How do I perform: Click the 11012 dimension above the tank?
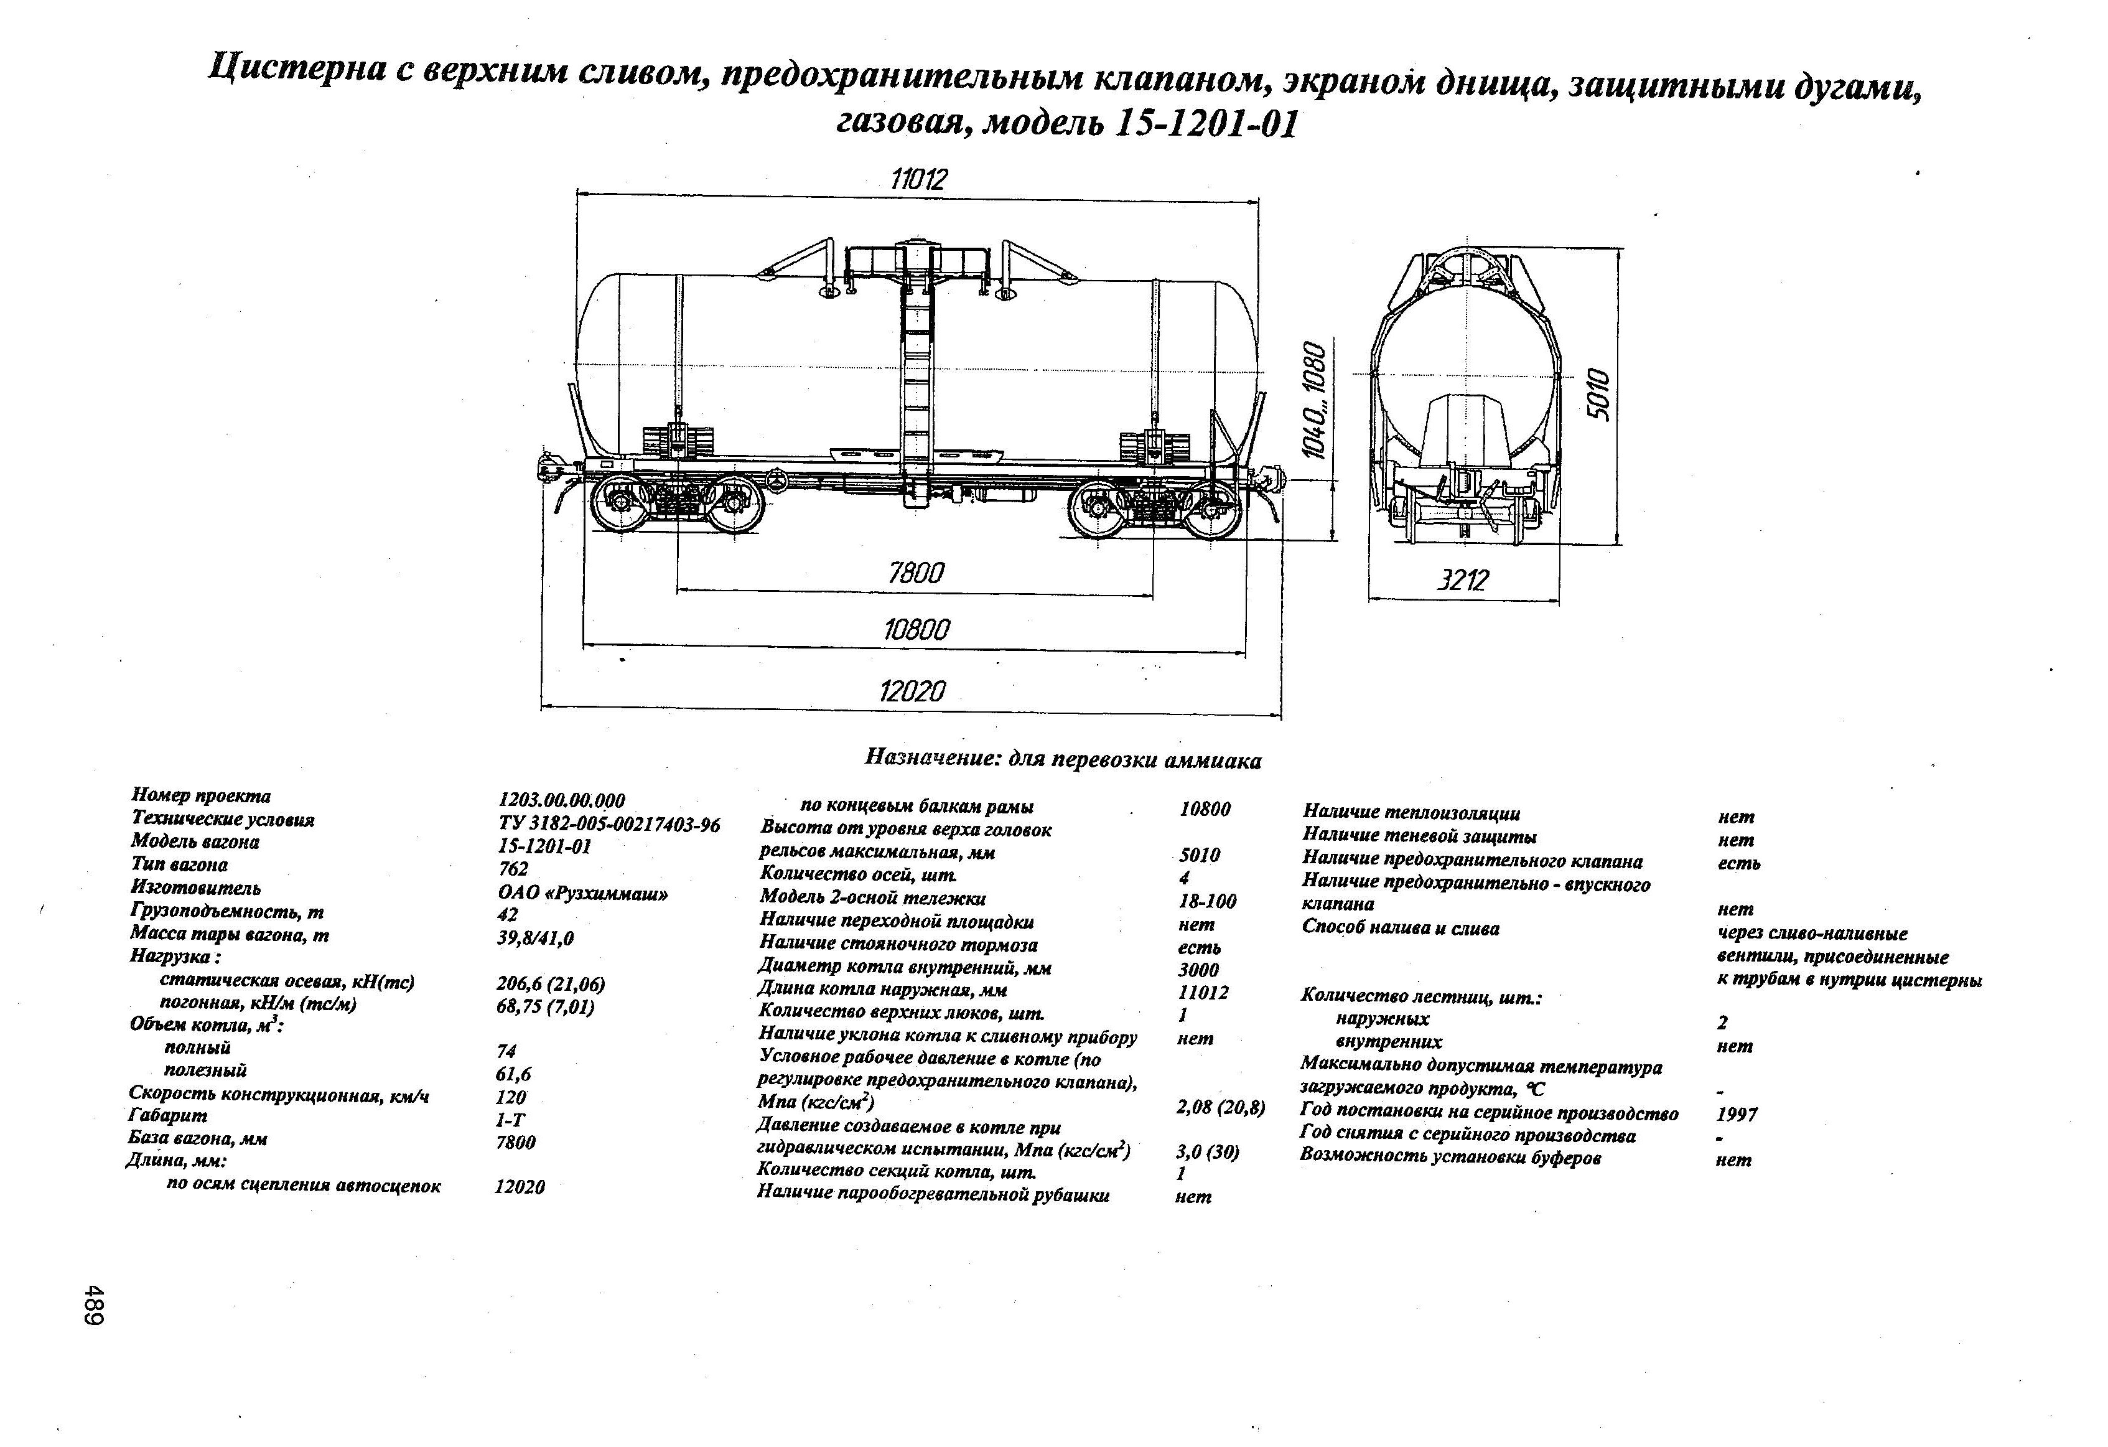(x=918, y=179)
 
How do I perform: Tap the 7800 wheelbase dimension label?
(x=915, y=573)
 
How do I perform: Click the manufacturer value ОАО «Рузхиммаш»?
(x=582, y=892)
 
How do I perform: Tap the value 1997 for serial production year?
(x=1736, y=1114)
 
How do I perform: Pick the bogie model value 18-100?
(x=1206, y=901)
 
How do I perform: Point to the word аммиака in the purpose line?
(x=1212, y=761)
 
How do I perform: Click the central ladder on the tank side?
(x=917, y=381)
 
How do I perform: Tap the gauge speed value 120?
(x=511, y=1097)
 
